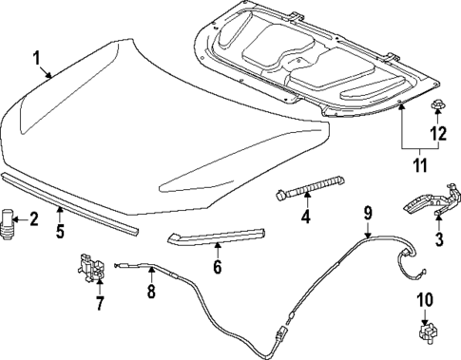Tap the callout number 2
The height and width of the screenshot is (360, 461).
click(x=34, y=220)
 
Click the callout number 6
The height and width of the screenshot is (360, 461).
click(x=216, y=269)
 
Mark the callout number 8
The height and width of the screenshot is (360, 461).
click(x=150, y=294)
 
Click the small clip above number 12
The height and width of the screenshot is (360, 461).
click(x=438, y=103)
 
